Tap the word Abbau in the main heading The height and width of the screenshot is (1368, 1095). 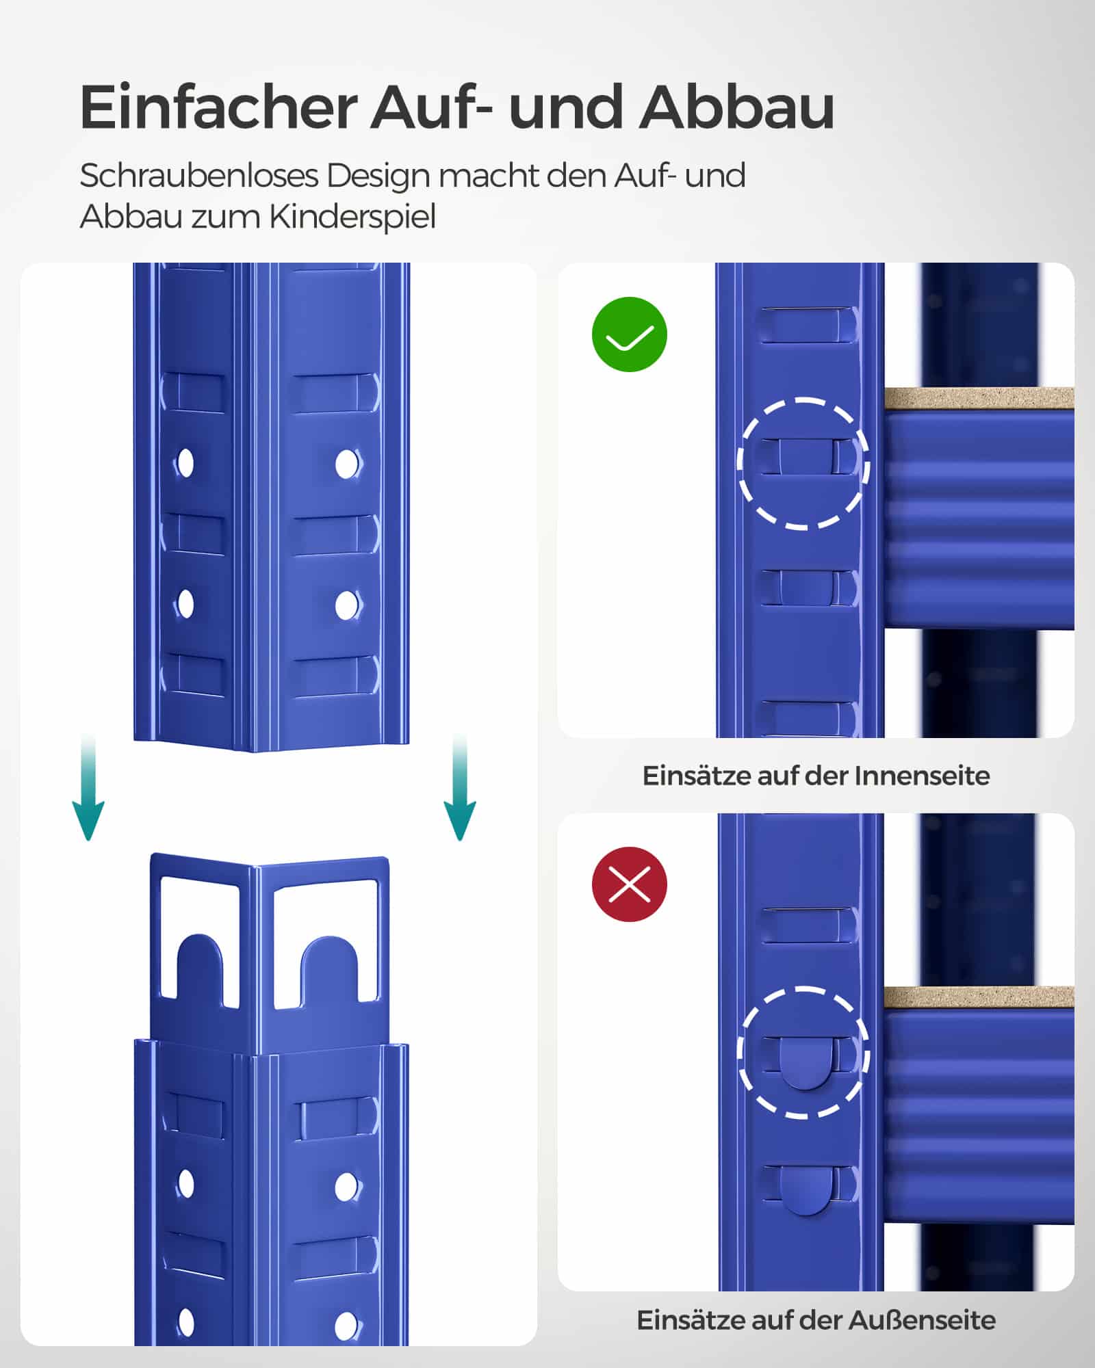737,107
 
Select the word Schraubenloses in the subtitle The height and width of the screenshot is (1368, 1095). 199,176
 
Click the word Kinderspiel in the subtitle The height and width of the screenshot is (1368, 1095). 352,217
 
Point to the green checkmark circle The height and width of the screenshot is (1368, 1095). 629,334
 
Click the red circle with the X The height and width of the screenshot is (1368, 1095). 629,884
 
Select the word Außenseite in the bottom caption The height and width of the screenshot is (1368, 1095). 922,1320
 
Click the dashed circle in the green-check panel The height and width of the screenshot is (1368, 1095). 803,463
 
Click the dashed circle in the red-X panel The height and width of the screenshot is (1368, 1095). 803,1053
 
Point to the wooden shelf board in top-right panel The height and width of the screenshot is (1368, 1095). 979,398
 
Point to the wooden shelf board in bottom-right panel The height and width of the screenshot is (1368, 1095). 979,997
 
